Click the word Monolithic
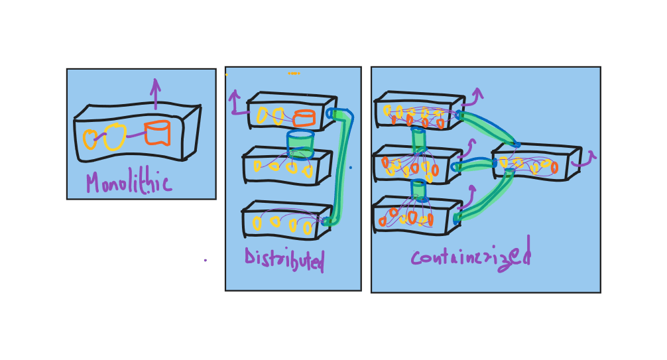[128, 183]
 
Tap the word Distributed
[284, 259]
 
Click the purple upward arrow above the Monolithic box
[155, 93]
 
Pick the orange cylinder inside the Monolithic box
[157, 133]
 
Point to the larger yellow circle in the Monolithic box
[115, 137]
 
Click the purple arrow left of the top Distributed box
[235, 105]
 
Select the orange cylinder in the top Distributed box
[304, 118]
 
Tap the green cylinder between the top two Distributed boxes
[300, 144]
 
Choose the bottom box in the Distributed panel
[286, 221]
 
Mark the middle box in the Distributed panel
[286, 166]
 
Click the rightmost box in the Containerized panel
[536, 162]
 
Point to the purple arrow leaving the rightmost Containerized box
[585, 159]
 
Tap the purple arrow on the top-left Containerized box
[473, 97]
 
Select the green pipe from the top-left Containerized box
[489, 127]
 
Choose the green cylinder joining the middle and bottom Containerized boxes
[418, 190]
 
